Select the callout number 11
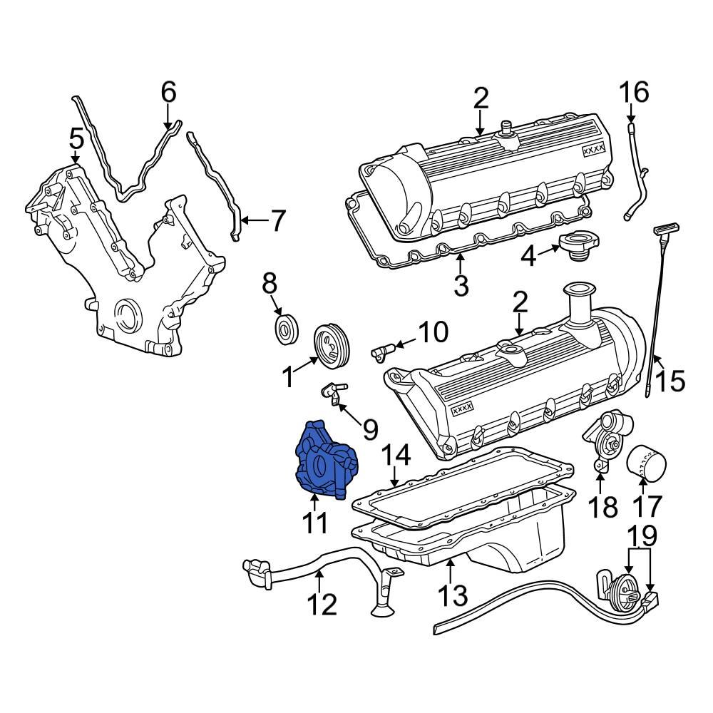point(314,522)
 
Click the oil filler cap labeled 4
point(578,247)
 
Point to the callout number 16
point(633,93)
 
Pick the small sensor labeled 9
point(332,389)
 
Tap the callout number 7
point(276,221)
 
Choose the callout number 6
point(168,92)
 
